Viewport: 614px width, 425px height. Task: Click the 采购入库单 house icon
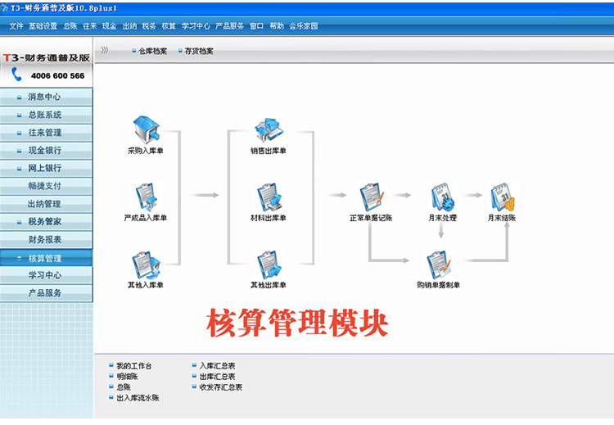[146, 129]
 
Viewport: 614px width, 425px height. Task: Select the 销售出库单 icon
[269, 129]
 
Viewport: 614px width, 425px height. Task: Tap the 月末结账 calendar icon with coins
[503, 197]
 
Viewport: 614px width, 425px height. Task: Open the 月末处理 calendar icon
[443, 197]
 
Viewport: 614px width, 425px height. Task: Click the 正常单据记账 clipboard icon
[372, 197]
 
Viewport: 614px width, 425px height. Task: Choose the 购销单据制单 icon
[438, 264]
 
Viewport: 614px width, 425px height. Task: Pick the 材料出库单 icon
[269, 197]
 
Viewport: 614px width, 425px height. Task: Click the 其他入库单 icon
[146, 264]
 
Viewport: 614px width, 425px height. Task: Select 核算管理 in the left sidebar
[46, 258]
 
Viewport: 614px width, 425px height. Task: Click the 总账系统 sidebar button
[46, 115]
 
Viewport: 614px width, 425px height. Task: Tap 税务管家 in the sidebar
[46, 221]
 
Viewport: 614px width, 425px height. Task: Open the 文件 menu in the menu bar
[16, 26]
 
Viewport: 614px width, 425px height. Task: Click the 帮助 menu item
[277, 26]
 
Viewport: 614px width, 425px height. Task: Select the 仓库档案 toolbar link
[153, 51]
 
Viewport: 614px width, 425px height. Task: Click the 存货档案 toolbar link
[199, 51]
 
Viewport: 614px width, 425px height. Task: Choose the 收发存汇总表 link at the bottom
[221, 387]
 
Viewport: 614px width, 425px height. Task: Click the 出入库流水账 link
[138, 398]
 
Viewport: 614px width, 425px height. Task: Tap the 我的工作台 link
[134, 366]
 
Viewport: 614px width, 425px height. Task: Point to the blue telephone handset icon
[16, 74]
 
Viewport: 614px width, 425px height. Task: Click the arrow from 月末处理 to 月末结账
[473, 195]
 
